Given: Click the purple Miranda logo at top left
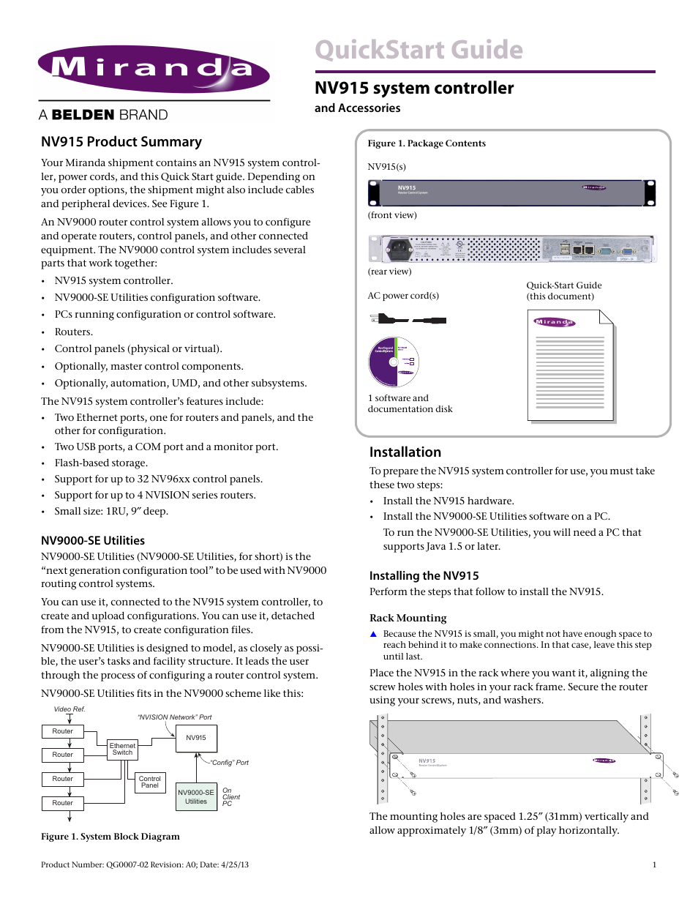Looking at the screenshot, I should [x=154, y=70].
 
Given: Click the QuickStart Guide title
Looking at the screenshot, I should [x=419, y=50].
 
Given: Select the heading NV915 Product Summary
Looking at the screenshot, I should [x=121, y=142].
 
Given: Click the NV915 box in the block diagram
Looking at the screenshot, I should [x=196, y=738].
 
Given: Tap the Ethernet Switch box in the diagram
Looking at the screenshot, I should [x=122, y=749].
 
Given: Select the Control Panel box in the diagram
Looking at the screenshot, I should [x=150, y=782].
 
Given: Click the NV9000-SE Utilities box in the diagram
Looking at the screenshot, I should [x=196, y=797].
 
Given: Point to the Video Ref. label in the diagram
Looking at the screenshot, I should [x=70, y=709].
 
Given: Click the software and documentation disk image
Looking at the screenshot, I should [x=394, y=362].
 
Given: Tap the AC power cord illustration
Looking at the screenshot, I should [x=408, y=320].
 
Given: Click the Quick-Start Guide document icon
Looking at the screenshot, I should [x=571, y=366].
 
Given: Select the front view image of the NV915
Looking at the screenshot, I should [x=511, y=193].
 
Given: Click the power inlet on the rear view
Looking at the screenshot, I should [x=399, y=249].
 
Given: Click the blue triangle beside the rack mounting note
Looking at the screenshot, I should [x=373, y=635].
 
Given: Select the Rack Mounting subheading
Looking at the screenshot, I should [x=408, y=618].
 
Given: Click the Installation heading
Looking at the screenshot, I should [x=405, y=452].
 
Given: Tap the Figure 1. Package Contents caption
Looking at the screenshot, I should [x=427, y=143].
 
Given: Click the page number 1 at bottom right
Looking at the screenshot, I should [x=654, y=864].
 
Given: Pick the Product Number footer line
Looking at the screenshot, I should [x=145, y=864].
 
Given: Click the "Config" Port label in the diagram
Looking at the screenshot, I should [x=230, y=763].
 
